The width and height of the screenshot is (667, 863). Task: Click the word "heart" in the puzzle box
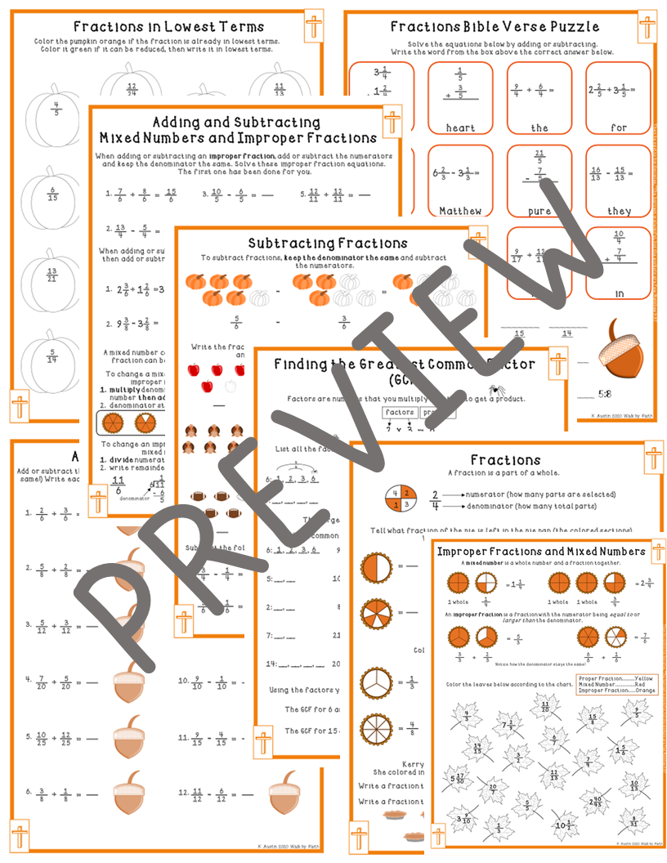[460, 127]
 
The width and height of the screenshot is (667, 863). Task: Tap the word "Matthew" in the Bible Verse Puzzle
[460, 211]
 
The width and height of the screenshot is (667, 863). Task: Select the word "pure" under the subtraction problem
[539, 211]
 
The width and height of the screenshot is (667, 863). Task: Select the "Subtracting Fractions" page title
[327, 243]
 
